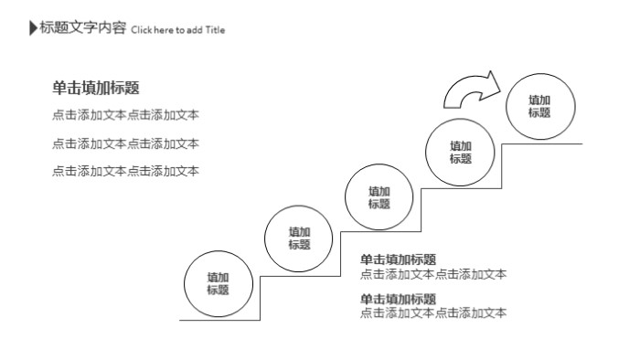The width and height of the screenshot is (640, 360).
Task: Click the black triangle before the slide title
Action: (34, 28)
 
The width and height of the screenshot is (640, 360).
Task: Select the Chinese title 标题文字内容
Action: (82, 28)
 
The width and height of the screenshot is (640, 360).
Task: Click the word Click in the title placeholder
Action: (141, 30)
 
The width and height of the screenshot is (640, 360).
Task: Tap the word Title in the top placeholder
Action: (215, 30)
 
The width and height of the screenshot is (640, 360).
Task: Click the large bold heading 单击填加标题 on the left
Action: (96, 88)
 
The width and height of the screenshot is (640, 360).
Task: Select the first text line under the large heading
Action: (125, 115)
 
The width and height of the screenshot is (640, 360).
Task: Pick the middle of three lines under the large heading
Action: (125, 143)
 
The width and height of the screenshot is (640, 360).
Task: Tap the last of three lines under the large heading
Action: (125, 171)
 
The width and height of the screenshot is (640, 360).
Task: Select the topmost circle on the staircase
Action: (540, 106)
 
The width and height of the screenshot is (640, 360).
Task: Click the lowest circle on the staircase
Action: (218, 283)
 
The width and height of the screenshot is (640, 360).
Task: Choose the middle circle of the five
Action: (379, 197)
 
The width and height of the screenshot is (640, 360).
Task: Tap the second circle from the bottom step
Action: (299, 238)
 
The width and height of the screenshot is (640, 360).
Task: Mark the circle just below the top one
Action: (460, 152)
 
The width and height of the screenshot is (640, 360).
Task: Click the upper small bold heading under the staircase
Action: (398, 259)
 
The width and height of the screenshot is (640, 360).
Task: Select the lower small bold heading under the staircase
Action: (398, 299)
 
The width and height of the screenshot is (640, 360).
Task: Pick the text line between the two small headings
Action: (432, 274)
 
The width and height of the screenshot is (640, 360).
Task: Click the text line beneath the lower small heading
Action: (432, 313)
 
